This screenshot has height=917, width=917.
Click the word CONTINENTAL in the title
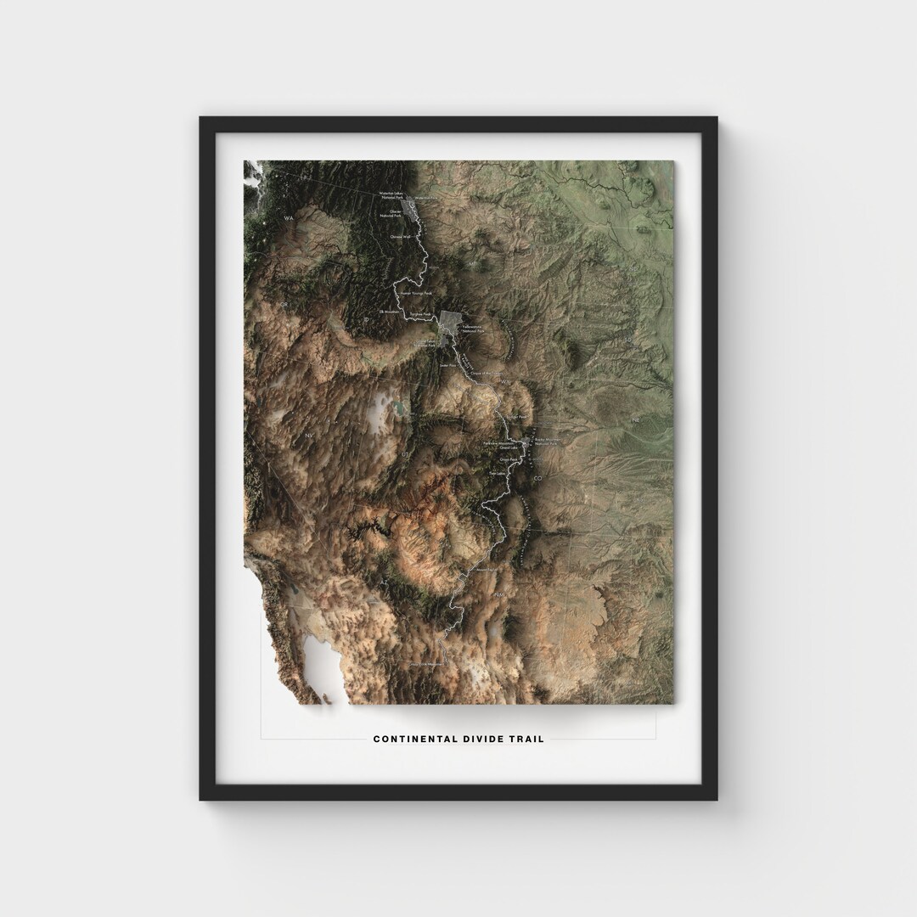pyautogui.click(x=412, y=739)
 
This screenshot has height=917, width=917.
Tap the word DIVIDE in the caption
pyautogui.click(x=482, y=739)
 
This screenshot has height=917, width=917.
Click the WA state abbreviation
pyautogui.click(x=288, y=218)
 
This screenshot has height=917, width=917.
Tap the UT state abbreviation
pyautogui.click(x=404, y=455)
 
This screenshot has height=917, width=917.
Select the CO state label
pyautogui.click(x=537, y=480)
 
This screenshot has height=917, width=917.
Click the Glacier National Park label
pyautogui.click(x=391, y=213)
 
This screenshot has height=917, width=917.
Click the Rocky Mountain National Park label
pyautogui.click(x=546, y=442)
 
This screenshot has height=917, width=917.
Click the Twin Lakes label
pyautogui.click(x=497, y=473)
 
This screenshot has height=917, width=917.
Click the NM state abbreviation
pyautogui.click(x=498, y=597)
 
